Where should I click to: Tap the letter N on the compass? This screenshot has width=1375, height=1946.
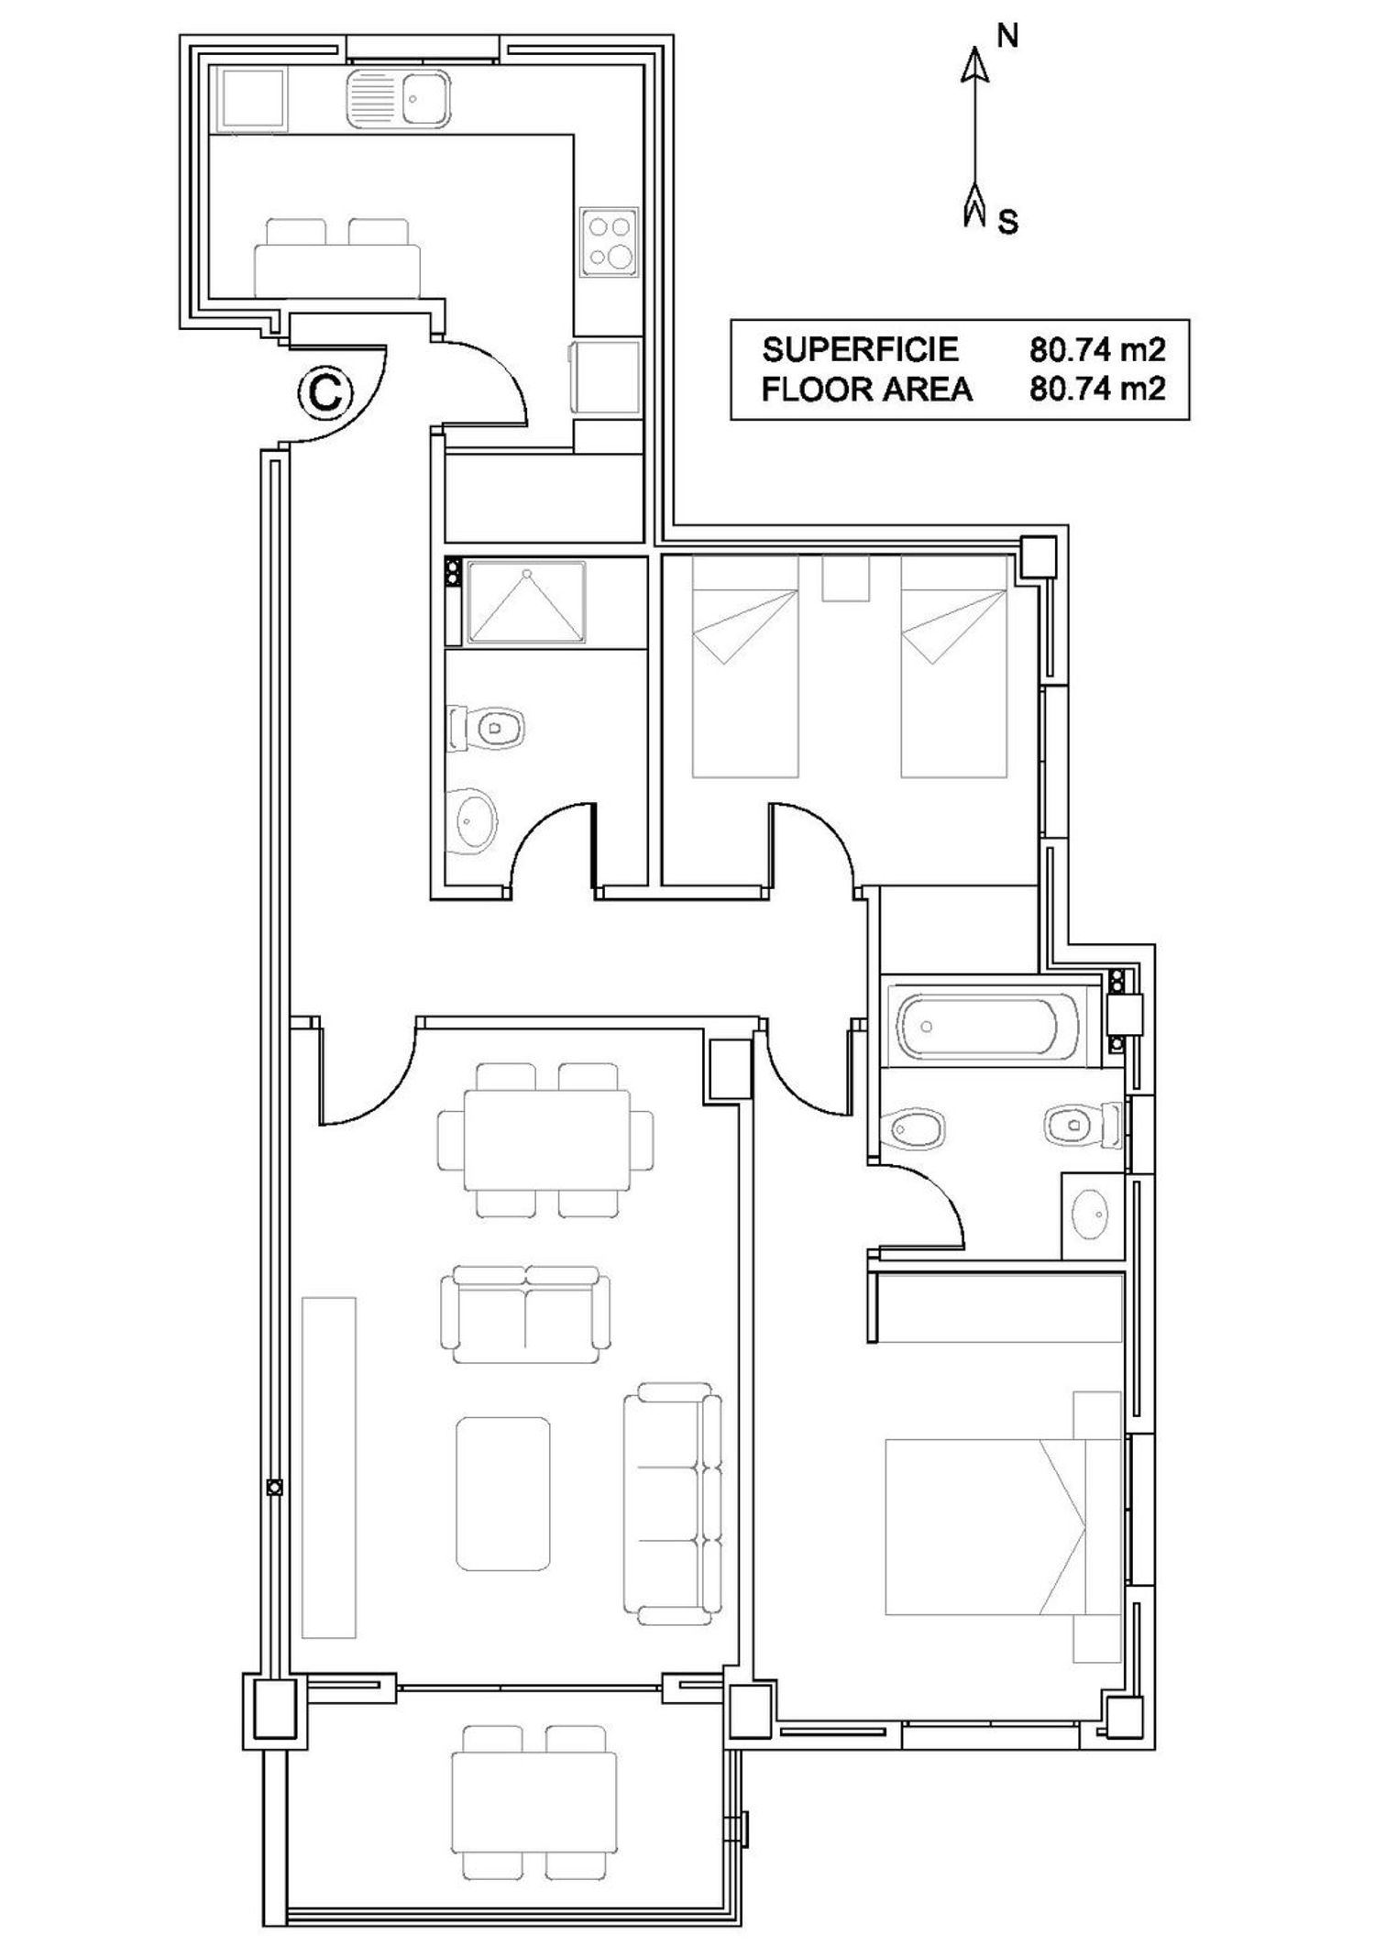click(1006, 36)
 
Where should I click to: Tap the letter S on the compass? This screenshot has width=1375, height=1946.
click(1007, 221)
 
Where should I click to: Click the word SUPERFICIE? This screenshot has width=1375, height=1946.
click(860, 349)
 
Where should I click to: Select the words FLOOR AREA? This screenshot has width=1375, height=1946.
click(866, 390)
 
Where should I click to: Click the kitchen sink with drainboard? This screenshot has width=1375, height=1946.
click(399, 99)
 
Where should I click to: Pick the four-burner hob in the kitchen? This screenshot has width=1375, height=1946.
click(609, 241)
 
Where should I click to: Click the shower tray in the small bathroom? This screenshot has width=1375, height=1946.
click(526, 602)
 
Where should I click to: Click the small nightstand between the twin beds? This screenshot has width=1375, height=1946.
click(845, 578)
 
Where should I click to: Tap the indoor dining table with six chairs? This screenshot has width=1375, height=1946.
click(546, 1139)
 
